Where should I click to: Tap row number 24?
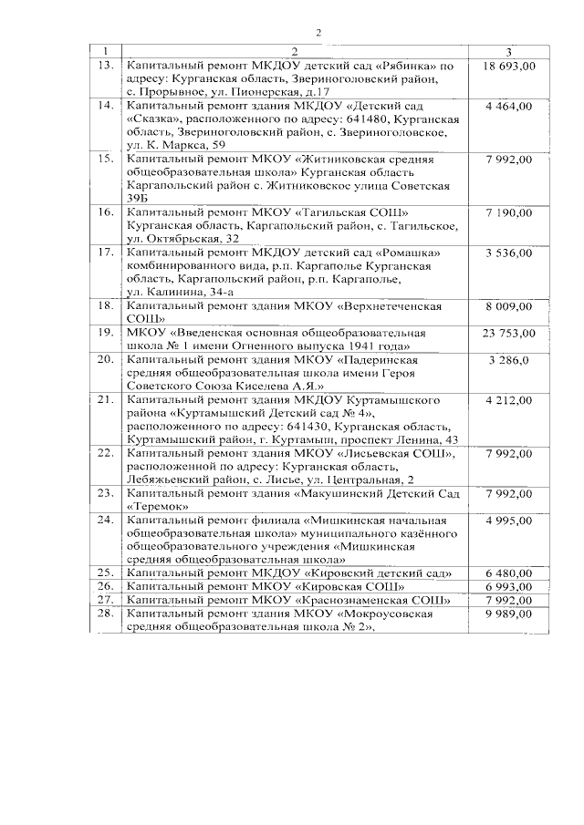(x=106, y=520)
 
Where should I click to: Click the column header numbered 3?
(x=508, y=51)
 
